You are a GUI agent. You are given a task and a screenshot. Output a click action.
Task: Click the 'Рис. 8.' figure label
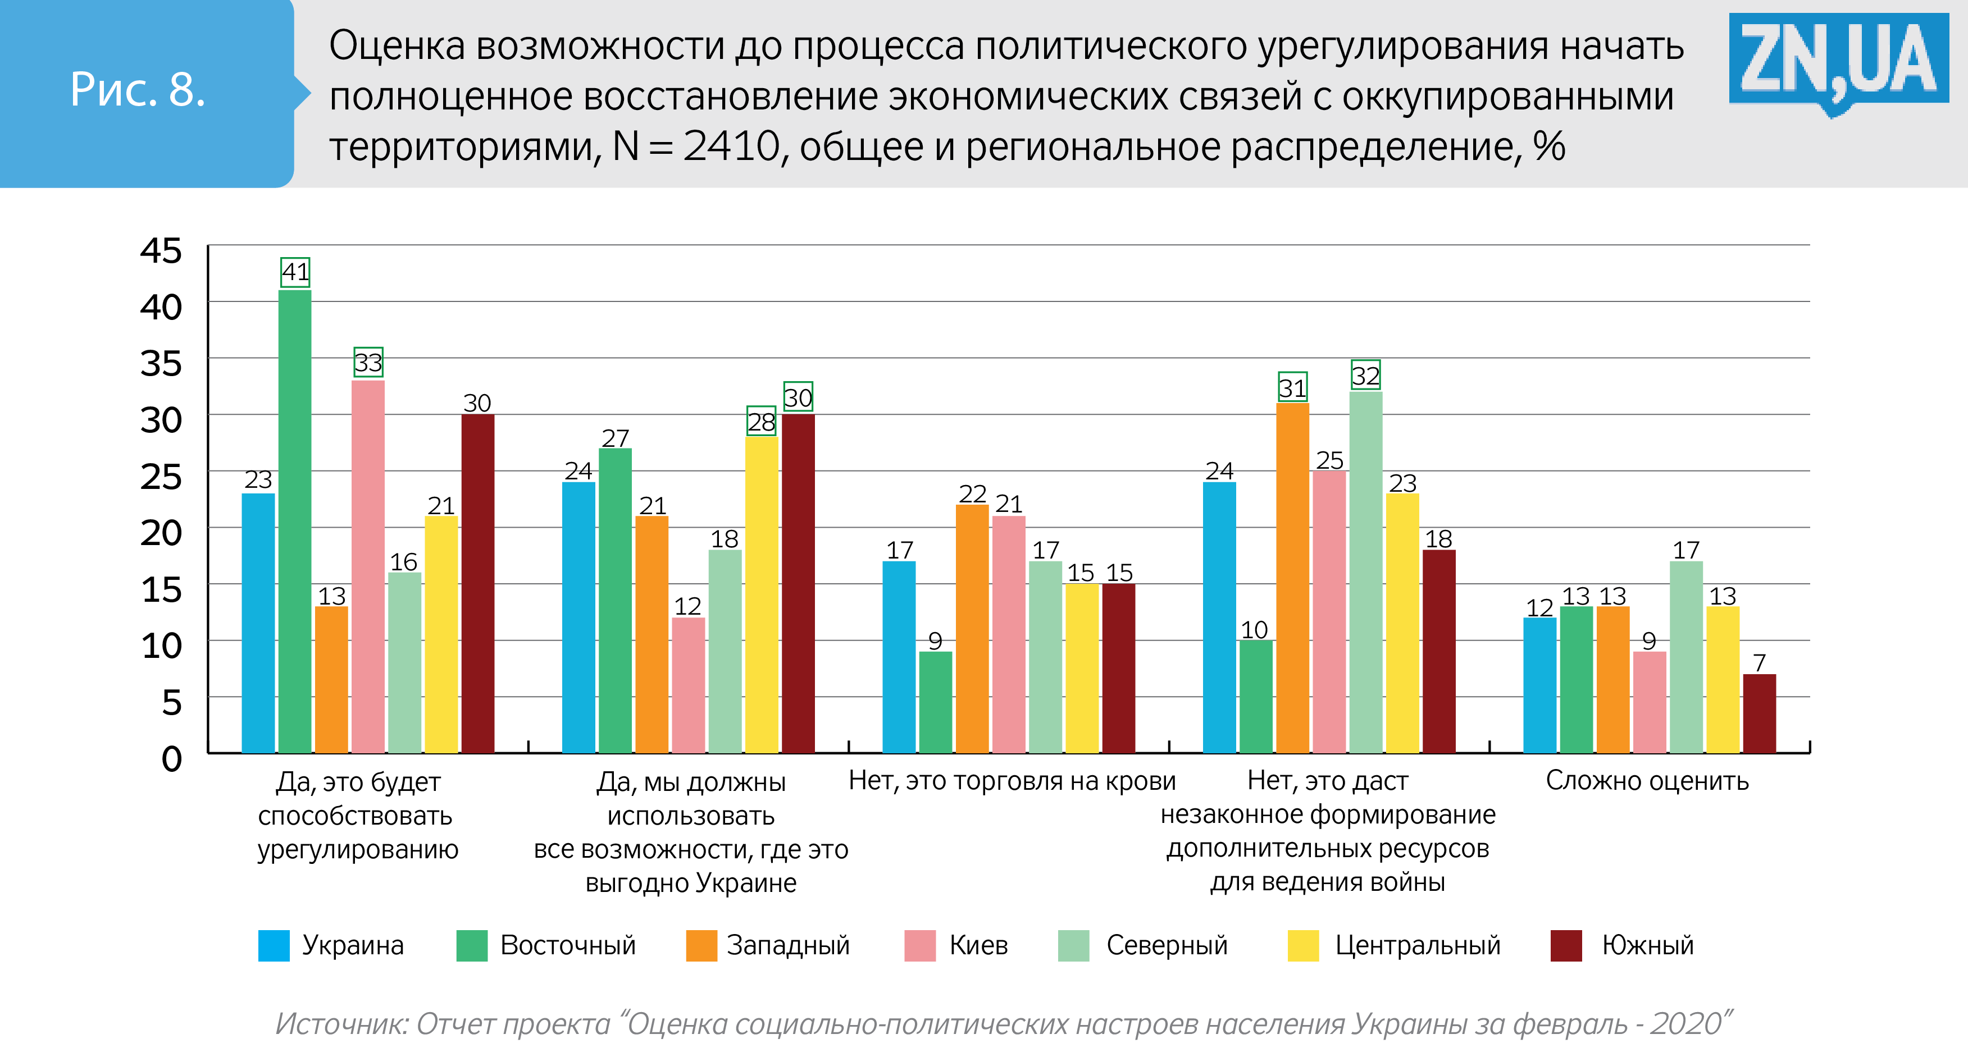[x=138, y=90]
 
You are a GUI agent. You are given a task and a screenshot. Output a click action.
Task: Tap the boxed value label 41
[x=295, y=272]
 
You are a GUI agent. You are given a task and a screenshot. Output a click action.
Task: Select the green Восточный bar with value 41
[x=295, y=519]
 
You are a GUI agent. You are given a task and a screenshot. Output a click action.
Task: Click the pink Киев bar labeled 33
[x=368, y=565]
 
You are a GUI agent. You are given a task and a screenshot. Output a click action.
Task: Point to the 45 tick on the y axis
[x=161, y=250]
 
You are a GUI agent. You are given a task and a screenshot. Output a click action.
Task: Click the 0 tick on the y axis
[x=172, y=758]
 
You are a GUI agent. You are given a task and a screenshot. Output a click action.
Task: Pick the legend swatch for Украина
[x=274, y=945]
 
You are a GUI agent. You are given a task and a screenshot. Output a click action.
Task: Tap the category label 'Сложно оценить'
[x=1647, y=780]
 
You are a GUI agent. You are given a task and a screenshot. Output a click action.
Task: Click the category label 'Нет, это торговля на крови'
[x=1012, y=780]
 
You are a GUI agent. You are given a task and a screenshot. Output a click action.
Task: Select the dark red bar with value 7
[x=1760, y=713]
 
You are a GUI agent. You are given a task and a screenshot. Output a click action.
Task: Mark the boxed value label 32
[x=1365, y=375]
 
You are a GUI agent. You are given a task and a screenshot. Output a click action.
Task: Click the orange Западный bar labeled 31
[x=1293, y=576]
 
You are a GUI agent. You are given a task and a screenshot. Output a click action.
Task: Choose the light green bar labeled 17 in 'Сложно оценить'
[x=1686, y=657]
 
